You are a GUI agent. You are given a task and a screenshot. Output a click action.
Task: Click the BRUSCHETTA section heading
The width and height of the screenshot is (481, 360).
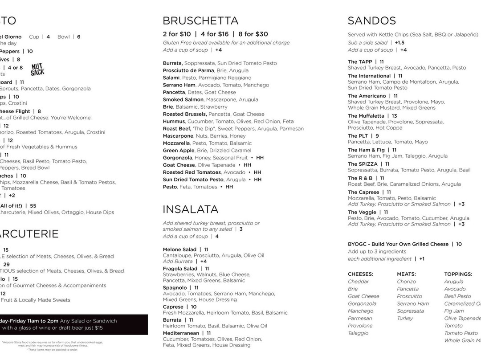tap(200, 20)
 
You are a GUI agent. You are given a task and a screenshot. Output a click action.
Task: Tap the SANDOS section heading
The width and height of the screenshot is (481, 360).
tap(371, 20)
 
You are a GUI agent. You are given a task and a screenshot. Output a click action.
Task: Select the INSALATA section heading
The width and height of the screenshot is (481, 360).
tap(190, 209)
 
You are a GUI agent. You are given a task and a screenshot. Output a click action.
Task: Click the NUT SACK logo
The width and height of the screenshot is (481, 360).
tap(37, 69)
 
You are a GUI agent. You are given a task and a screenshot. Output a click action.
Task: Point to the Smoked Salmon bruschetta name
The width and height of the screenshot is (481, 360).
tap(183, 99)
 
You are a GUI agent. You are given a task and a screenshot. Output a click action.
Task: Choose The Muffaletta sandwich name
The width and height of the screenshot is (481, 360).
tap(366, 116)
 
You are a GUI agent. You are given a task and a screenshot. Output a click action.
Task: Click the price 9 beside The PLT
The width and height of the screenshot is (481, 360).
tap(377, 136)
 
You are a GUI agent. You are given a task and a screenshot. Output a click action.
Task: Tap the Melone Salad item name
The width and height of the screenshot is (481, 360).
tap(179, 250)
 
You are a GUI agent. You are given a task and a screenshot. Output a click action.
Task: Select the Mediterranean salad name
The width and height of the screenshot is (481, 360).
tap(181, 333)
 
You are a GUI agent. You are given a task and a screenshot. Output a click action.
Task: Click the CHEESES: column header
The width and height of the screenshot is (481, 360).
tap(360, 274)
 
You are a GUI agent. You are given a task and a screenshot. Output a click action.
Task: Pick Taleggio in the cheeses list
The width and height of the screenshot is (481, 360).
tap(358, 333)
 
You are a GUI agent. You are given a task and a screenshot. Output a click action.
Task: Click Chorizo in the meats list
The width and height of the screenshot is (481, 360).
tap(406, 282)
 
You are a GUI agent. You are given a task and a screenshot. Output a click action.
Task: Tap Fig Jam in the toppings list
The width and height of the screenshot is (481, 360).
tap(454, 311)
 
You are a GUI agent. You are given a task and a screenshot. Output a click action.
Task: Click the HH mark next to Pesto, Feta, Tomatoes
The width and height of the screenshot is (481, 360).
tap(229, 187)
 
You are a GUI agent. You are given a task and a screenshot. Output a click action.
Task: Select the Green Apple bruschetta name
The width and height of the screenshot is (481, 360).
tap(178, 151)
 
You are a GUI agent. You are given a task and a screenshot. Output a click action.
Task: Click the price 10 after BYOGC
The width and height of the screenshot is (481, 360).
tap(459, 244)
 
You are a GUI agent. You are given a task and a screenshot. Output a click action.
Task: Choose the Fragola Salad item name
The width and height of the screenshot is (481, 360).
tap(180, 269)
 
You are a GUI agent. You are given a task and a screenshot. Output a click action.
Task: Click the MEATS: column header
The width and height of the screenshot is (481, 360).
tap(406, 274)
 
